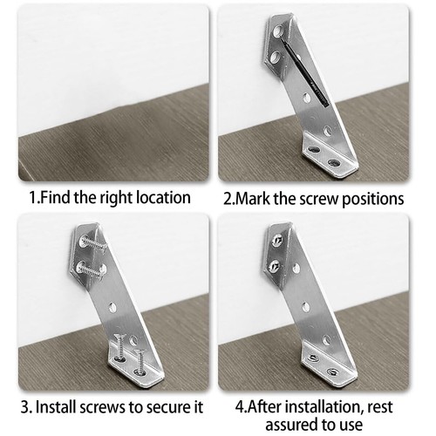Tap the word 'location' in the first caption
[x=158, y=198]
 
